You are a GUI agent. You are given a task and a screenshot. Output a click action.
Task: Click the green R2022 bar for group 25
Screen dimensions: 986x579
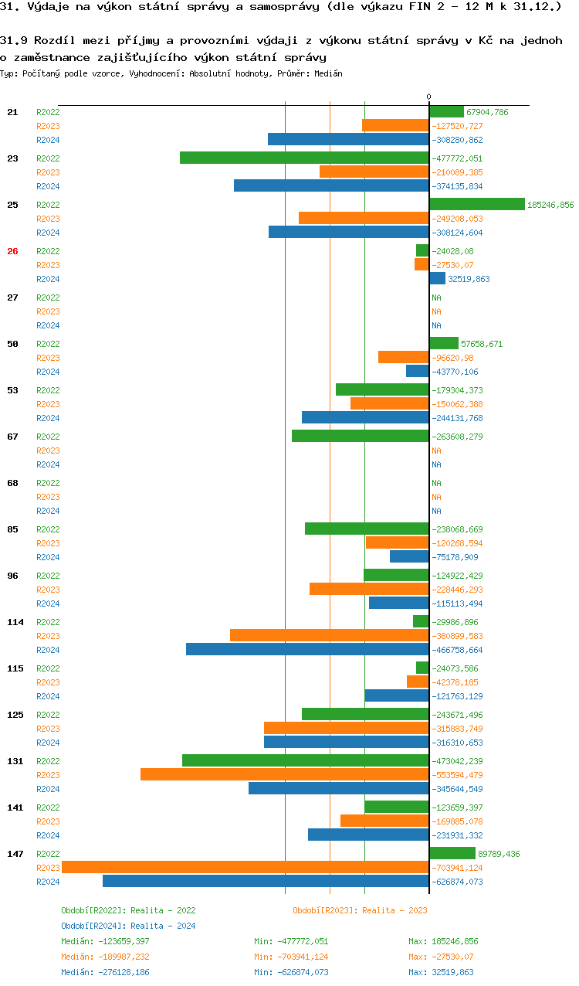coord(477,204)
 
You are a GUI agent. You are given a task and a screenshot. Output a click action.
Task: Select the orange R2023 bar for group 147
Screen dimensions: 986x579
coord(245,867)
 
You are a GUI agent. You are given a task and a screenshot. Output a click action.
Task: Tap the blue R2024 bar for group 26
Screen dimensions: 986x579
coord(438,278)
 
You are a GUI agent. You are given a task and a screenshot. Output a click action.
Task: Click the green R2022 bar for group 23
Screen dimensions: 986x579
coord(304,158)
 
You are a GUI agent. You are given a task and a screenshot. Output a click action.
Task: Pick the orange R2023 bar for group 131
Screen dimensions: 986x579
coord(285,774)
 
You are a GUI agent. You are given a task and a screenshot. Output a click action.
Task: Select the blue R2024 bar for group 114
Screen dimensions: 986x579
coord(307,649)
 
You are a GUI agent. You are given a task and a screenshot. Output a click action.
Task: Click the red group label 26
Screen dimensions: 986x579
coord(12,251)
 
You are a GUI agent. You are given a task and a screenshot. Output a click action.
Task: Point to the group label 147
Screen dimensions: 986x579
coord(15,854)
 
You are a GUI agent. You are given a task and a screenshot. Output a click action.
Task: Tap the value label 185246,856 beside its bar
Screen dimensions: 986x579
coord(550,205)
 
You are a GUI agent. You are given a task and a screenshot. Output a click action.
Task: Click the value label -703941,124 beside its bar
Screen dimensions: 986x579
coord(457,868)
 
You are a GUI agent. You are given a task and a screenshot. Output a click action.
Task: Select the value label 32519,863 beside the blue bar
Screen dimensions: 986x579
coord(469,279)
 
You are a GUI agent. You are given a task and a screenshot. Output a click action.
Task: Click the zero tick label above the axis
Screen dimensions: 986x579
coord(429,97)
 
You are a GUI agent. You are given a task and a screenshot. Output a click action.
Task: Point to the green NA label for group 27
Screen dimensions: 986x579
coord(436,297)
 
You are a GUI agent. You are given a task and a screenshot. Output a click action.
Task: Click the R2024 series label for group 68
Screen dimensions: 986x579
coord(48,511)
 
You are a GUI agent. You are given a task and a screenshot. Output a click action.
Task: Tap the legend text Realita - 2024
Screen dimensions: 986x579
coord(163,926)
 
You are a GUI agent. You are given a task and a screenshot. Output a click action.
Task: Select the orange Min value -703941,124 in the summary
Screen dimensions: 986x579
coord(302,957)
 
